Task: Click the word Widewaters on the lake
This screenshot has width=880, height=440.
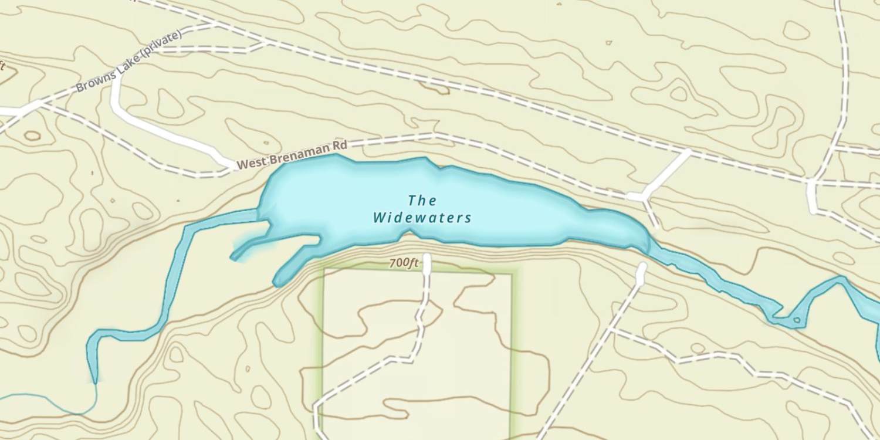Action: coord(422,218)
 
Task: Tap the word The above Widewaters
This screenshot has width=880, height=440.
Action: coord(422,201)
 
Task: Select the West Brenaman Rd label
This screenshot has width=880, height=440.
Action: coord(292,155)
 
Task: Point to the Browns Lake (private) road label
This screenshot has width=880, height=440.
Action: coord(129,61)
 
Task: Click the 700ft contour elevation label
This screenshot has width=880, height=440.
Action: coord(404,263)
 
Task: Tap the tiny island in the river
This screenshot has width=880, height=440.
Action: coord(796,320)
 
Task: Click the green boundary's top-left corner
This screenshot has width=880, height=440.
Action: coord(324,270)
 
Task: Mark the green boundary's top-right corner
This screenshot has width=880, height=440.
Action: coord(512,273)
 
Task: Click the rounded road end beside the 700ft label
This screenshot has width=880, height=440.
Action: coord(427,258)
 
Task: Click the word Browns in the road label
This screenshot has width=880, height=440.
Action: coord(91,83)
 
